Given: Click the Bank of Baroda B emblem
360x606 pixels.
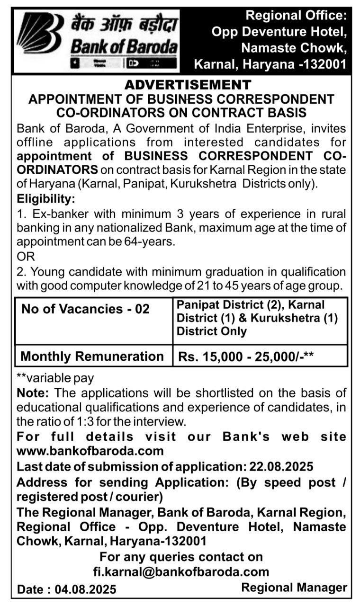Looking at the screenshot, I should pos(40,33).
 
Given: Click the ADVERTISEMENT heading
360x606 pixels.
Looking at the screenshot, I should pos(188,85).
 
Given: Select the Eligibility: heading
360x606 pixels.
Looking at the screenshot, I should pos(46,198).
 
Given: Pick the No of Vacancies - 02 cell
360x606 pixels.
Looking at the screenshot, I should pos(86,309).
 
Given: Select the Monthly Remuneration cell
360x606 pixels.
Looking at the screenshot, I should pos(92,356).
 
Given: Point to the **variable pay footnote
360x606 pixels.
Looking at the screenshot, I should pos(55,378).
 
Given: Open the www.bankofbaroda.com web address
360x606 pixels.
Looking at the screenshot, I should pos(90,451).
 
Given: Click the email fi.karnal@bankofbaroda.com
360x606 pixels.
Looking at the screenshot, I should pos(181,572).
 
